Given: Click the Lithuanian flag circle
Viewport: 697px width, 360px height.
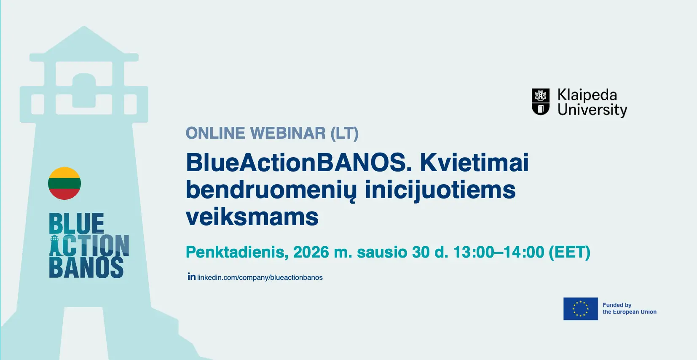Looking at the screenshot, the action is (x=64, y=183).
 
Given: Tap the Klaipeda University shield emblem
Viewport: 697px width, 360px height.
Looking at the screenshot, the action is (x=541, y=102).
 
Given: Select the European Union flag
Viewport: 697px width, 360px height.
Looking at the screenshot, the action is (x=580, y=309).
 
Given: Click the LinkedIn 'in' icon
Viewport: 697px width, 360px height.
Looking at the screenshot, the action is (x=191, y=276).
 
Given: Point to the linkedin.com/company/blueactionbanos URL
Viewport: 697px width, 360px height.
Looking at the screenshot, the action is (x=260, y=277).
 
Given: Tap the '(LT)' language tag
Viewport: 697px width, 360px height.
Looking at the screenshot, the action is (x=344, y=134).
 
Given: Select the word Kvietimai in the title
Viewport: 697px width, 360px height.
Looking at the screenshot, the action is (x=474, y=162).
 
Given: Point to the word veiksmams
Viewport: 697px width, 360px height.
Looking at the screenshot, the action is (x=252, y=217).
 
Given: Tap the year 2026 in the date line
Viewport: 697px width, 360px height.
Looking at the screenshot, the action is (x=311, y=252).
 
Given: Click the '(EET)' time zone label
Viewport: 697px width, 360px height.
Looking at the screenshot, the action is (x=569, y=253).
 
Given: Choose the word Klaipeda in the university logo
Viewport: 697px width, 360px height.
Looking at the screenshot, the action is (x=587, y=95).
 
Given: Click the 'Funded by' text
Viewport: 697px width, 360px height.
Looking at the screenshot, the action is (x=617, y=305).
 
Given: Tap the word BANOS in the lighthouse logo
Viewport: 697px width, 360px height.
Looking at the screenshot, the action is (x=86, y=267).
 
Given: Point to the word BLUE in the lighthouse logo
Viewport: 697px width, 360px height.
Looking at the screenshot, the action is (x=77, y=223).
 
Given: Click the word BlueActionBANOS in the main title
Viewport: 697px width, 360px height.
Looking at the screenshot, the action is (x=299, y=162).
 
